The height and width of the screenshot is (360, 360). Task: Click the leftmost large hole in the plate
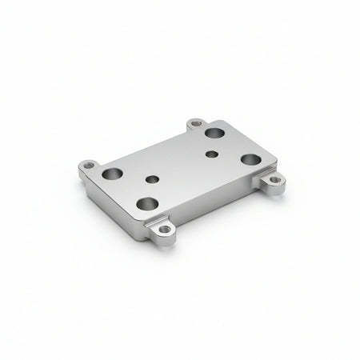tap(112, 173)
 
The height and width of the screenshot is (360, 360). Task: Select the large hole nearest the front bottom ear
tap(146, 203)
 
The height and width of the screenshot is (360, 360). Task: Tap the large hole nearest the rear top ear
tap(214, 134)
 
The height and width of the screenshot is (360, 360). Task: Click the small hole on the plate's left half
tap(150, 179)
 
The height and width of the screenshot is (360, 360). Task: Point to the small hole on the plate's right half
tap(210, 154)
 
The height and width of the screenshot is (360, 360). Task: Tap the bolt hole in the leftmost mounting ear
tap(89, 166)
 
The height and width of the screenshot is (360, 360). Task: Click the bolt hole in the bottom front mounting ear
tap(165, 231)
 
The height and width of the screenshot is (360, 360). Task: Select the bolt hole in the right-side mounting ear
tap(275, 180)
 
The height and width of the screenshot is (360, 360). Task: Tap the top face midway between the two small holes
tap(181, 166)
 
